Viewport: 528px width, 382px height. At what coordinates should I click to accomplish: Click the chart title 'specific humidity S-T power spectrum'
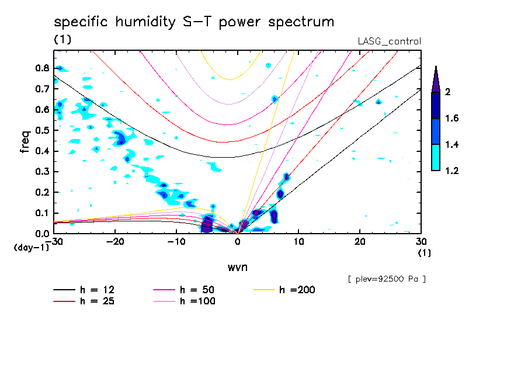[194, 23]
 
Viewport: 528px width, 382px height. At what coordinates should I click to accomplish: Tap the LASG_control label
[389, 41]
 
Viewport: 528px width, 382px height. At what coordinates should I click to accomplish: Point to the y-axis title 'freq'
[25, 141]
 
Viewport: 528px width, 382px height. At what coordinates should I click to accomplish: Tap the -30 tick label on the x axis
[54, 241]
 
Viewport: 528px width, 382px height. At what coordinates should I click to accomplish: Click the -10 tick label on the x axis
[176, 241]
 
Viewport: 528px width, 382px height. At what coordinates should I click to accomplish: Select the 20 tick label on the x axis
[359, 241]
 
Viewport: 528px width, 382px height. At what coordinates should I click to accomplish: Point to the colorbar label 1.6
[452, 119]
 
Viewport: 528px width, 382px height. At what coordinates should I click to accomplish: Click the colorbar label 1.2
[452, 171]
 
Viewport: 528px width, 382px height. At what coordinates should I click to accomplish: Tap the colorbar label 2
[447, 92]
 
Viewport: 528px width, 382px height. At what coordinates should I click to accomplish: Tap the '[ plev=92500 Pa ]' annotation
[387, 279]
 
